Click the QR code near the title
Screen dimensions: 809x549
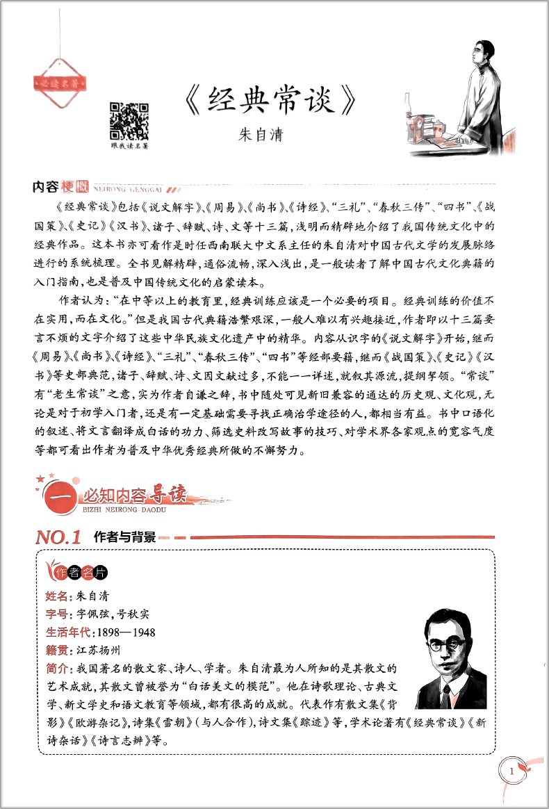point(129,121)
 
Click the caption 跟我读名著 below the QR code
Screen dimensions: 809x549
point(130,146)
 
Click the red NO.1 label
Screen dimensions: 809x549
point(58,537)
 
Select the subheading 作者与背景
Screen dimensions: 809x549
point(124,537)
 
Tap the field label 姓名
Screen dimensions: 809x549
point(58,596)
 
